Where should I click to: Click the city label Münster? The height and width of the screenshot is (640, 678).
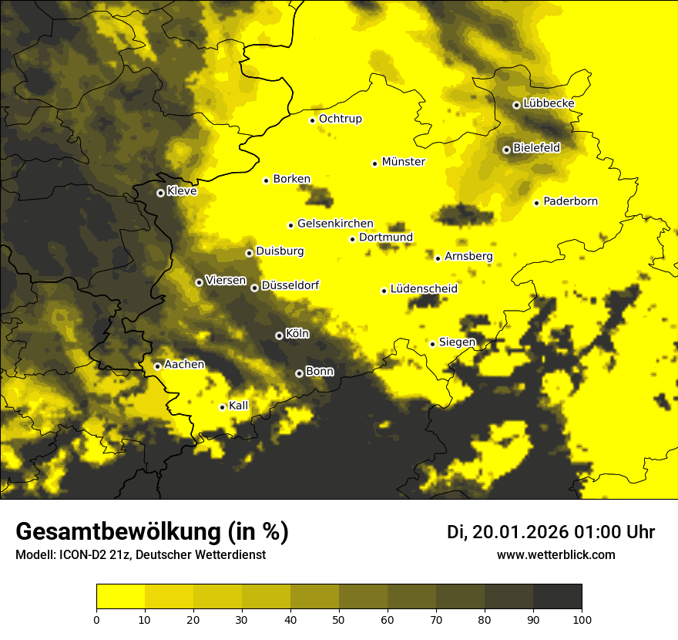(x=403, y=162)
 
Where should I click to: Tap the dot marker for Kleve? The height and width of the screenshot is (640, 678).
(x=160, y=193)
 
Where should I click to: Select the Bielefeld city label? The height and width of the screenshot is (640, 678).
(x=536, y=147)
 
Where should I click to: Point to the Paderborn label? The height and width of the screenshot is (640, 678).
(x=570, y=201)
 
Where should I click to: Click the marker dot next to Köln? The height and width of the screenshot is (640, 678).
(x=279, y=335)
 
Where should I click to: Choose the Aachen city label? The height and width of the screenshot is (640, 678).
(x=184, y=364)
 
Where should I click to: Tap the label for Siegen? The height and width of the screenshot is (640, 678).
(x=457, y=342)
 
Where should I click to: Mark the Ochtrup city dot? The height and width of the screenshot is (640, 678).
(x=312, y=120)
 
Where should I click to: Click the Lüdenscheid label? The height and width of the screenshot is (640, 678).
(x=424, y=289)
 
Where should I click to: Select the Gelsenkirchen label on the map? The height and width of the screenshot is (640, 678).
(x=335, y=224)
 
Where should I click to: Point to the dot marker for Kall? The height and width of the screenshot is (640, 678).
(x=222, y=407)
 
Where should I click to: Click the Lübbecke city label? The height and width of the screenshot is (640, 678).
(x=549, y=103)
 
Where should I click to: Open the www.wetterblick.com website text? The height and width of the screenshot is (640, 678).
(x=555, y=554)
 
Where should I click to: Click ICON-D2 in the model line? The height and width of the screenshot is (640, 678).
(x=83, y=555)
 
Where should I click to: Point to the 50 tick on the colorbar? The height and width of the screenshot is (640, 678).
(x=339, y=618)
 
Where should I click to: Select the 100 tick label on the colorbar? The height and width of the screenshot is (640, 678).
(x=581, y=618)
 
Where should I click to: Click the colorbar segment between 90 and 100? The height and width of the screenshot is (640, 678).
(x=557, y=596)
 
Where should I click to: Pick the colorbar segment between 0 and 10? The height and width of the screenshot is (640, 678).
(x=120, y=596)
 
